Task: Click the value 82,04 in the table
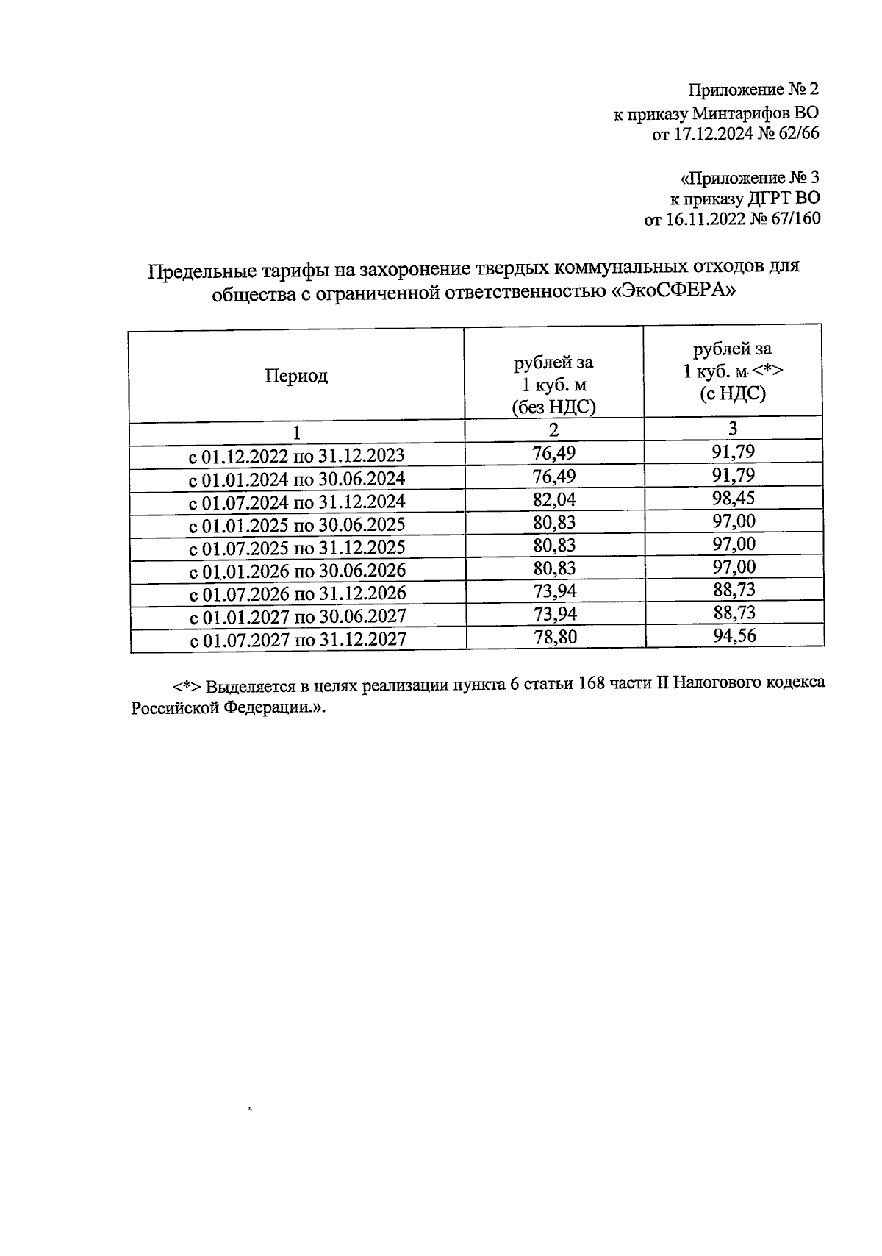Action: point(554,500)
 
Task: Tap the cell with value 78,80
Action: point(555,637)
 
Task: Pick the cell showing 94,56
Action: point(734,635)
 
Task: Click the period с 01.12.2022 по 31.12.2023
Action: point(297,456)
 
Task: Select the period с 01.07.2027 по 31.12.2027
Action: point(298,639)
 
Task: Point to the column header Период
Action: point(296,377)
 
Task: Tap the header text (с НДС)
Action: point(732,394)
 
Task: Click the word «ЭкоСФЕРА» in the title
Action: point(674,292)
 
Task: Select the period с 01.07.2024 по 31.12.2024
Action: point(297,502)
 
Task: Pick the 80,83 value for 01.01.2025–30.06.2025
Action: point(554,523)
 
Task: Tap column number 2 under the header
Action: point(553,430)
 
